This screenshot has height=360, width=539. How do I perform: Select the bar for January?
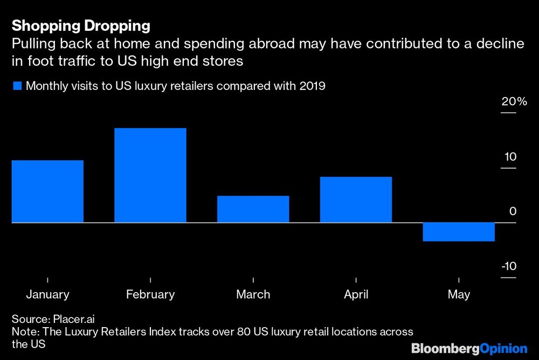point(47,191)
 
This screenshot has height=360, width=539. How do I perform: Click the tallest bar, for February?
point(150,175)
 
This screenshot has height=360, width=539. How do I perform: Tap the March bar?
point(253,209)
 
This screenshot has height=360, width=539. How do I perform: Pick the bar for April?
point(356,199)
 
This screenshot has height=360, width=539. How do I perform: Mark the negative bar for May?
point(459,232)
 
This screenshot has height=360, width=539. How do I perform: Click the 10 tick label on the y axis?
point(510,157)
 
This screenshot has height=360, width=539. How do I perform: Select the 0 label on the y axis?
point(513,212)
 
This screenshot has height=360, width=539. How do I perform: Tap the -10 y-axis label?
point(509,267)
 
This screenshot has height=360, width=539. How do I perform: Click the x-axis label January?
point(47,294)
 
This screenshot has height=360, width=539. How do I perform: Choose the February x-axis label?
point(150,294)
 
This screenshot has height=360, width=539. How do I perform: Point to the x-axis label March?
point(253,294)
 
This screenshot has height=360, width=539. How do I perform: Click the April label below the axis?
point(356,294)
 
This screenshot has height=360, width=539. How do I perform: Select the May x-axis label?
point(459,294)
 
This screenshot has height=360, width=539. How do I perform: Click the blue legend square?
point(17,86)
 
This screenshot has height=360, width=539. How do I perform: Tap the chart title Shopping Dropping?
point(81,25)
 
